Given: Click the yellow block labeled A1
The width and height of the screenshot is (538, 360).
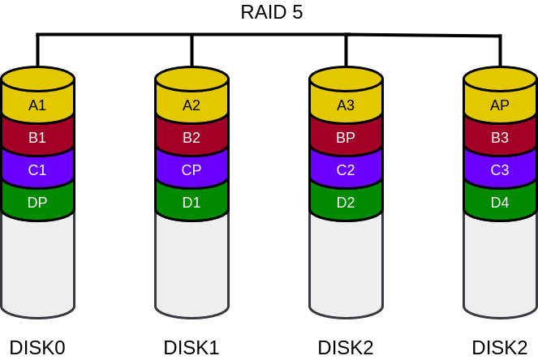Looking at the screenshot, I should click(37, 105).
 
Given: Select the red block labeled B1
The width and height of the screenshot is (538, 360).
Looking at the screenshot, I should click(37, 138).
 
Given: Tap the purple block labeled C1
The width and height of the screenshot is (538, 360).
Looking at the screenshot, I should click(37, 170).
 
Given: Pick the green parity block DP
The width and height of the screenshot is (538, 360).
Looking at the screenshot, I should click(37, 203).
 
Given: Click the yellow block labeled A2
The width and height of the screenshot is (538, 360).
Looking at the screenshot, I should click(192, 105).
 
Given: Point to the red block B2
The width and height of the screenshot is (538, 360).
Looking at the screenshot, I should click(192, 138).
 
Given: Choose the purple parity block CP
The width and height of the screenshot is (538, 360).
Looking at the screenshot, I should click(192, 170).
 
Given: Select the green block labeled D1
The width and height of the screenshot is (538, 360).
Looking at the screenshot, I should click(192, 203).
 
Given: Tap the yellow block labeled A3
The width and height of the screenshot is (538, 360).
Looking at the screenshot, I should click(346, 105).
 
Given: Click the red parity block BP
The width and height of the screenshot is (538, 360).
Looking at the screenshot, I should click(346, 138).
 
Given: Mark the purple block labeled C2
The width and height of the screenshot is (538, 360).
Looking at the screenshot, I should click(346, 170).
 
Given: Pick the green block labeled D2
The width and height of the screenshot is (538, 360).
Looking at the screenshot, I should click(346, 203).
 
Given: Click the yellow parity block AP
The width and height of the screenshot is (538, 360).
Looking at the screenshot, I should click(500, 105).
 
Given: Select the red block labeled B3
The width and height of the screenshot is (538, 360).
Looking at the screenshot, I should click(500, 138).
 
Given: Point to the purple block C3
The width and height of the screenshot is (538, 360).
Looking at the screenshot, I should click(500, 170).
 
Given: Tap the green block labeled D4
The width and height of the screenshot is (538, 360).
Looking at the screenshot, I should click(500, 203).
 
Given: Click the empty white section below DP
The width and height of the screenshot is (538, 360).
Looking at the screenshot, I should click(37, 264).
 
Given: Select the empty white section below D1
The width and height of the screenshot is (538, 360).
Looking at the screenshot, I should click(192, 264).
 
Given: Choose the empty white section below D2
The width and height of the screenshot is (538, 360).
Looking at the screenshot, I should click(346, 264).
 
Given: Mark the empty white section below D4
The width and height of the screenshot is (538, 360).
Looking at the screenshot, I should click(500, 264).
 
